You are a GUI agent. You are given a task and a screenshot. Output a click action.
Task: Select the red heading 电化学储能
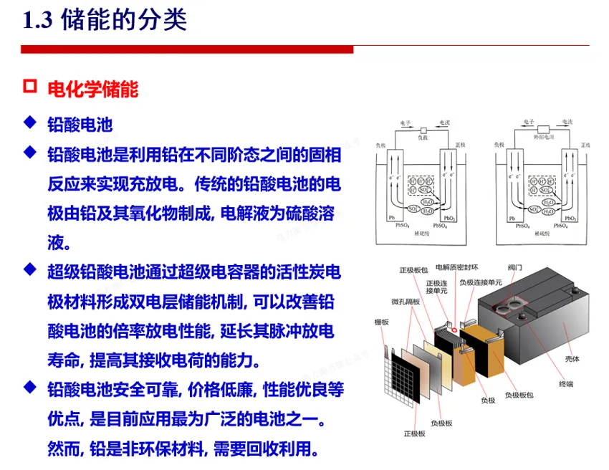click(92, 89)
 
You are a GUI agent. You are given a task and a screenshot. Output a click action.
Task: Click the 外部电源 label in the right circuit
click(545, 137)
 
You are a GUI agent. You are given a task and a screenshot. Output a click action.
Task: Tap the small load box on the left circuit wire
click(423, 129)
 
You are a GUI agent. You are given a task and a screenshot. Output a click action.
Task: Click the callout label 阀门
click(514, 267)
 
